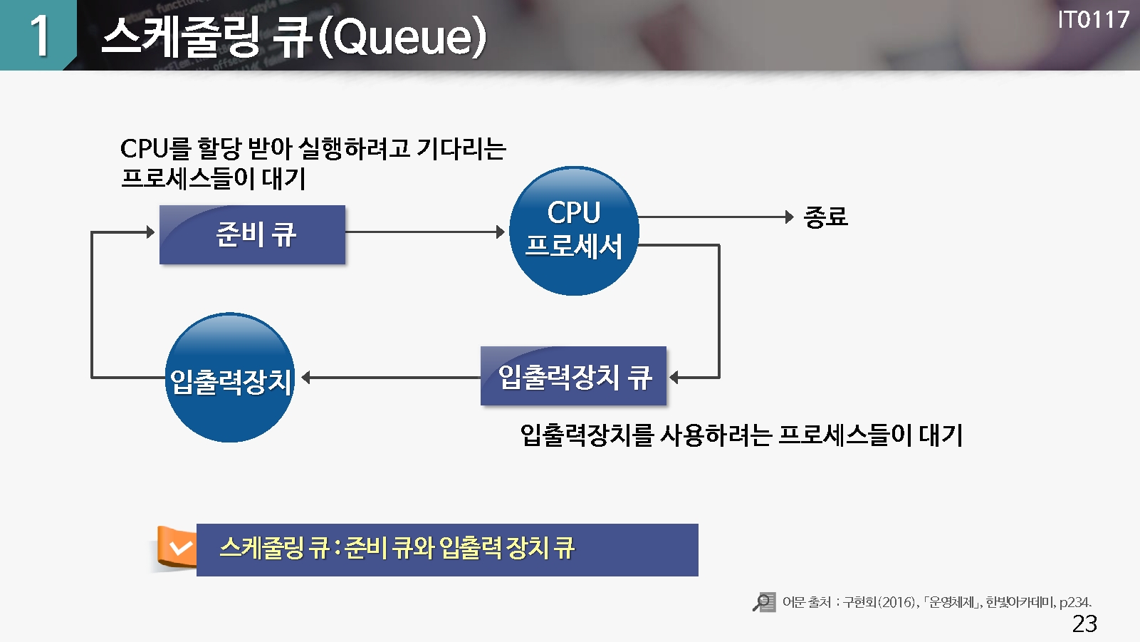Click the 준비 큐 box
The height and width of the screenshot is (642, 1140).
253,234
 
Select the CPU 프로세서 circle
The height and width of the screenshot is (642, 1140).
574,231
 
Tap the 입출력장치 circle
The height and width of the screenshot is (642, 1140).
230,377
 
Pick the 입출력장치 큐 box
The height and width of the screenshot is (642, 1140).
574,376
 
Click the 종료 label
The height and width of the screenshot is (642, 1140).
825,217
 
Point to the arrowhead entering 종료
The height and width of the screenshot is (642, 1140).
790,217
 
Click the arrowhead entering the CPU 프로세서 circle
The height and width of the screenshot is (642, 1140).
501,232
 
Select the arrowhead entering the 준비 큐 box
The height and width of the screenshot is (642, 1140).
150,232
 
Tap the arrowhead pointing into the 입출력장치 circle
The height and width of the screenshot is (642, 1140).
306,377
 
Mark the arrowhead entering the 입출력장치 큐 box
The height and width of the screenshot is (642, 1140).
674,377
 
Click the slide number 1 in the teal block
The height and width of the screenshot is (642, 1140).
39,36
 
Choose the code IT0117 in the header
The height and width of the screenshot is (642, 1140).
1093,20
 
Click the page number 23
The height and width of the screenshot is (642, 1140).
1084,623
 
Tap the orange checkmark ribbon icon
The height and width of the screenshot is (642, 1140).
176,547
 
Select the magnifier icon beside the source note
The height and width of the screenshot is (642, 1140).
764,602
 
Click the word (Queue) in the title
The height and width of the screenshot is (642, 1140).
402,36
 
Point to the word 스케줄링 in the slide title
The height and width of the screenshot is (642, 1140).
181,36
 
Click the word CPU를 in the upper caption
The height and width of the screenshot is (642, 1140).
155,149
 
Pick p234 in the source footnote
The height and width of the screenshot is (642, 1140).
1075,602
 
